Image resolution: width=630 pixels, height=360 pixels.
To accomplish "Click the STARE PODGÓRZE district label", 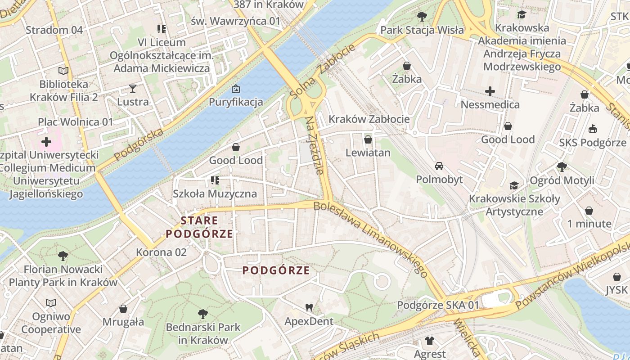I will click(199, 227).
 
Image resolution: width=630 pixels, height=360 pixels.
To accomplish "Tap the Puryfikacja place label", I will click(235, 102).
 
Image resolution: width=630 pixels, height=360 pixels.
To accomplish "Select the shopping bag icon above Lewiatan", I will click(368, 139).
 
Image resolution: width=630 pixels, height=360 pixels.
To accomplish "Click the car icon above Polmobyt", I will click(439, 166).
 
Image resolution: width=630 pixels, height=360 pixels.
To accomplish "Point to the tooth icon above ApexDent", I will click(309, 308).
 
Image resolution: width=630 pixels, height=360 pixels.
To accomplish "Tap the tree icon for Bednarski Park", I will click(203, 314).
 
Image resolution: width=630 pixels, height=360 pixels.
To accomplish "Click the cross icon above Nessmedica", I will click(490, 91).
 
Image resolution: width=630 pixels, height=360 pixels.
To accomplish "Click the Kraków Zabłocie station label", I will click(369, 119).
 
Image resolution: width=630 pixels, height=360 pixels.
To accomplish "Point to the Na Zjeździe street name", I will click(315, 145).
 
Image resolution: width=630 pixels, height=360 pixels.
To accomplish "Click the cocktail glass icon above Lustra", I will click(133, 88).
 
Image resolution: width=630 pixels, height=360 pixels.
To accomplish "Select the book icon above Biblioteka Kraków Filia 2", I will click(63, 71).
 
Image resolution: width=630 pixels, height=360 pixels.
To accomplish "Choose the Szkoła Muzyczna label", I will click(215, 194).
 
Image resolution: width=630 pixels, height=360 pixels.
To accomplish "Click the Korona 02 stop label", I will click(161, 252).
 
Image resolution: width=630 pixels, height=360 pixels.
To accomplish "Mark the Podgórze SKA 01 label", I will click(438, 305).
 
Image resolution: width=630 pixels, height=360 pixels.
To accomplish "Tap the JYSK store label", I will click(616, 290).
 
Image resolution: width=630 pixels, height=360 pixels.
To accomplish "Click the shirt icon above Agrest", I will click(430, 341).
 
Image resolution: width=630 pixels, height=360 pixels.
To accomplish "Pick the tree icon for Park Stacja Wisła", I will click(422, 17).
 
